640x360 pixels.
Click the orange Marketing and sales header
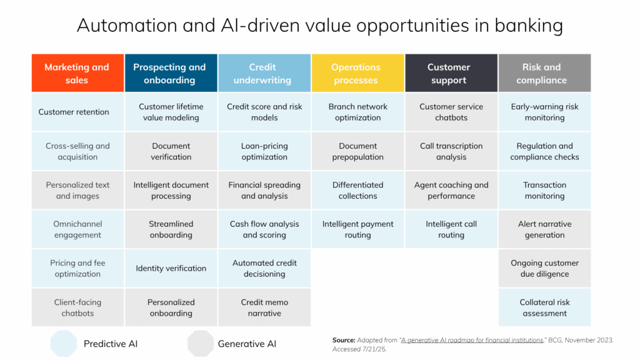77,74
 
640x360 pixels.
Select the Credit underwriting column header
264,74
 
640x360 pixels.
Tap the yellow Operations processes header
357,74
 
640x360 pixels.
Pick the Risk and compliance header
544,74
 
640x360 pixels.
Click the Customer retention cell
77,112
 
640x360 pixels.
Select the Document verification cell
171,152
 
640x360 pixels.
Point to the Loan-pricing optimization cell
264,152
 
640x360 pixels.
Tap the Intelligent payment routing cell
357,229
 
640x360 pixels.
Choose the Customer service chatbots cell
451,112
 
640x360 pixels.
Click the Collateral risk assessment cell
544,307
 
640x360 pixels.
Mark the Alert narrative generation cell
544,229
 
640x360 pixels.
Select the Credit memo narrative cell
264,307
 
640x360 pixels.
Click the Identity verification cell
171,269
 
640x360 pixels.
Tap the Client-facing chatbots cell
77,307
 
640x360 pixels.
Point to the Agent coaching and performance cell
451,191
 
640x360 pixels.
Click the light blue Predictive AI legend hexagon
63,344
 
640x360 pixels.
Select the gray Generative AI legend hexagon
200,344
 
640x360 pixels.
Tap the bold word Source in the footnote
344,340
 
